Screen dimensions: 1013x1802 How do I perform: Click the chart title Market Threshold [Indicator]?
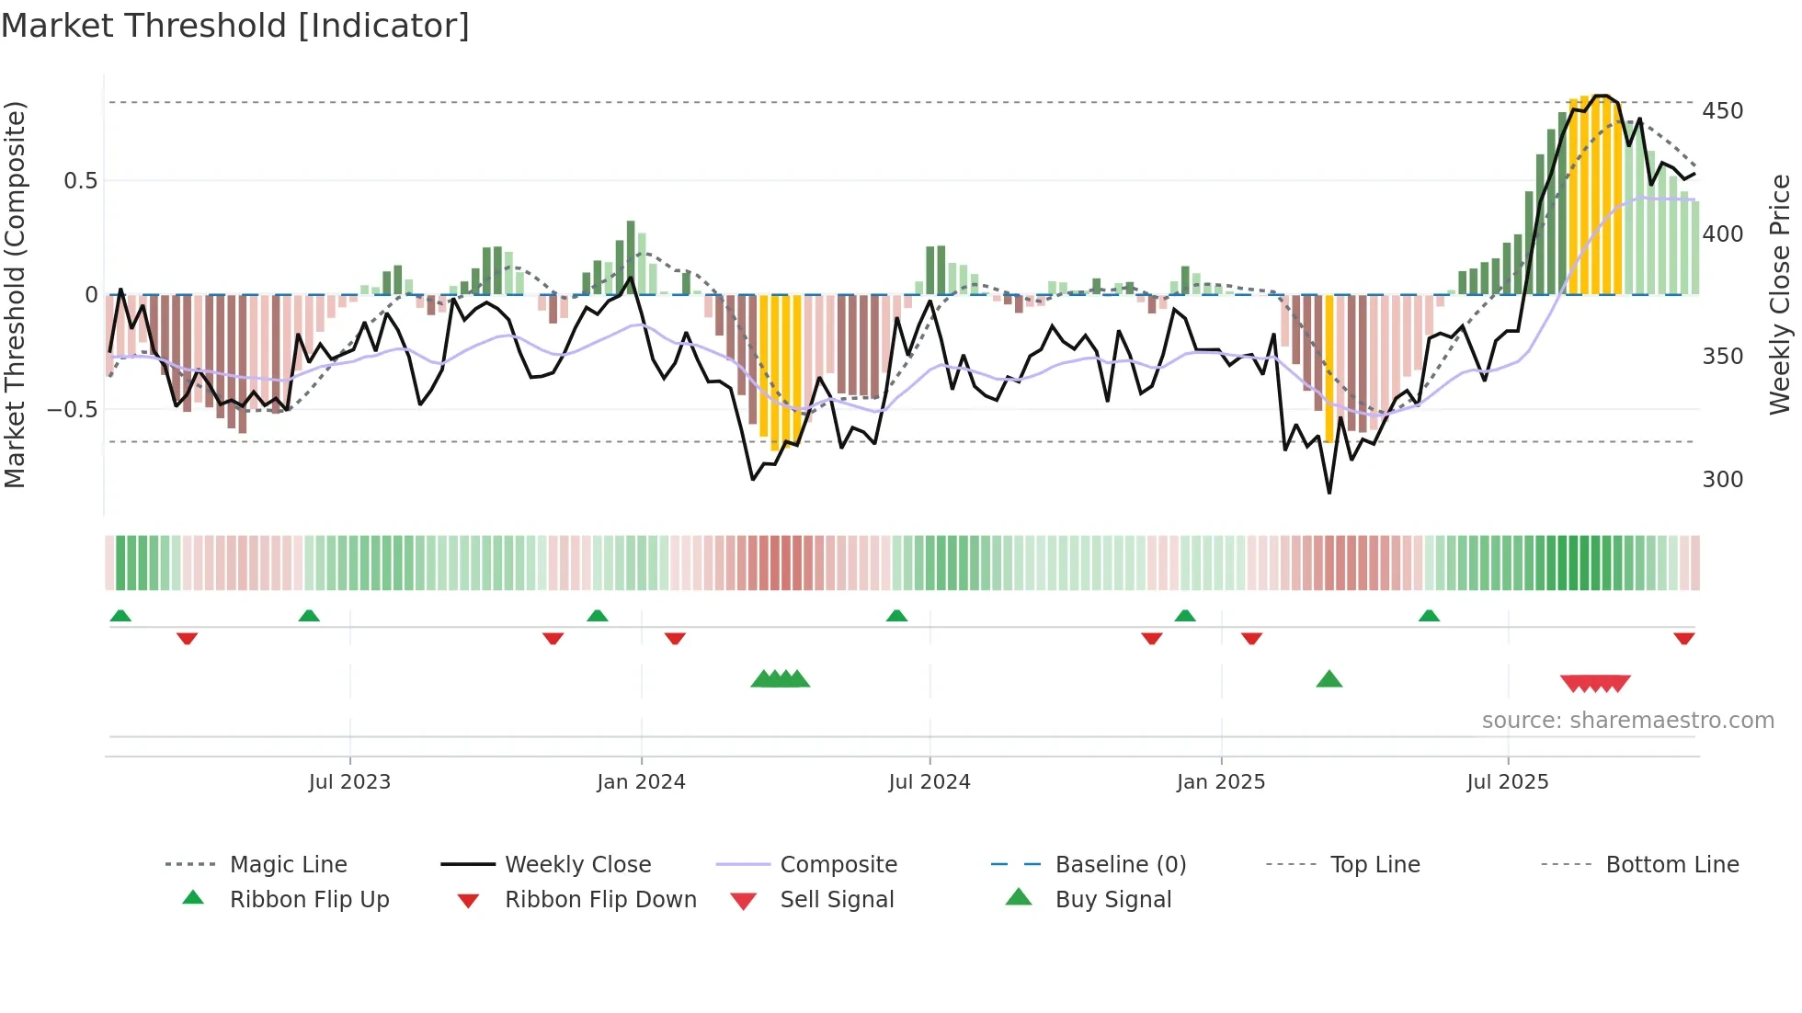tap(235, 26)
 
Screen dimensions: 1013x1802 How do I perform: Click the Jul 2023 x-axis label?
tap(349, 782)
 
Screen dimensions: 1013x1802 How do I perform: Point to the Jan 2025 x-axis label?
tap(1220, 782)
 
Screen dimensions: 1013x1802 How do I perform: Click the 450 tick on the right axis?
tap(1722, 111)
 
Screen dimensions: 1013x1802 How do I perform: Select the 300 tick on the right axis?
tap(1722, 480)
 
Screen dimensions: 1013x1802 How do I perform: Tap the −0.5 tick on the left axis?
tap(72, 409)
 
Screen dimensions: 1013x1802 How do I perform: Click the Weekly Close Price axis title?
tap(1780, 294)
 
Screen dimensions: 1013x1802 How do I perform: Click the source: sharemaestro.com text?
tap(1627, 721)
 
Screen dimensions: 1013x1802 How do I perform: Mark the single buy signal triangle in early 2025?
tap(1329, 680)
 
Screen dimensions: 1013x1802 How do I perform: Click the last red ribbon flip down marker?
tap(1683, 638)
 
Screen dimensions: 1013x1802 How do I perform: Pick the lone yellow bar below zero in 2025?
tap(1329, 368)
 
